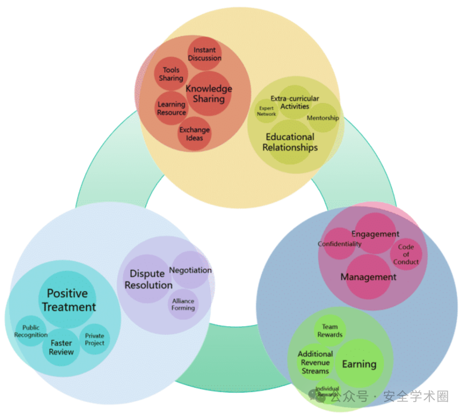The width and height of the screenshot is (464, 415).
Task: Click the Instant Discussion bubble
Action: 205,54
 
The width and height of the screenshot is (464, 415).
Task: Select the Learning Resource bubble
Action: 171,108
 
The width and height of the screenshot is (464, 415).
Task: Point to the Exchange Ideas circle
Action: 195,134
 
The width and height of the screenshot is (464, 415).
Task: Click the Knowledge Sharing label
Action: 209,94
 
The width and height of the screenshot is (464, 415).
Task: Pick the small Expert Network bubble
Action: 266,111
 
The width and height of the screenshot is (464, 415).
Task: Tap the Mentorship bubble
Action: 323,118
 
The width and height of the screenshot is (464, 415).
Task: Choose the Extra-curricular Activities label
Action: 295,102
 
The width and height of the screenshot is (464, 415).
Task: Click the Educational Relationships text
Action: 290,142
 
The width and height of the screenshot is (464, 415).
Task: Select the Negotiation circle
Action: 190,270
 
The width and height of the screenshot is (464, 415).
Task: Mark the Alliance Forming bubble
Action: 183,304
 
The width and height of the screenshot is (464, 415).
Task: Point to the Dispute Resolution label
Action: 148,279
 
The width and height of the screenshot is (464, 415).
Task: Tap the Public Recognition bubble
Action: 31,331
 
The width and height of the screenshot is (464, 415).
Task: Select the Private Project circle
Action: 95,339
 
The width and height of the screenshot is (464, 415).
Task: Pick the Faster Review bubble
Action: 61,347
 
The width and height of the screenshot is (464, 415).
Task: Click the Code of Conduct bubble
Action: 406,254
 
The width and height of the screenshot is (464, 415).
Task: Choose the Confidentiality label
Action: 339,244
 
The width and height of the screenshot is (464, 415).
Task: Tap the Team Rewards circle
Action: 330,331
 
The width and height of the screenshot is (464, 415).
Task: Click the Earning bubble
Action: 359,364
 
